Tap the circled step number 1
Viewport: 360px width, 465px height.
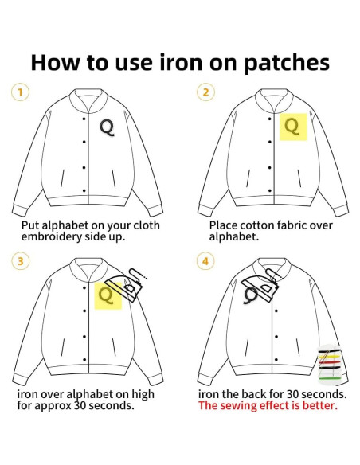click(x=20, y=92)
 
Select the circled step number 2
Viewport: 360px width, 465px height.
click(x=205, y=92)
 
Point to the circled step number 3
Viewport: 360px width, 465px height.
click(x=20, y=261)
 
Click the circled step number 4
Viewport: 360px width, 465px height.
click(x=205, y=261)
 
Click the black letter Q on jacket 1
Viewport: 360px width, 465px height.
click(x=107, y=127)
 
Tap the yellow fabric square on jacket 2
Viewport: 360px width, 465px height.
click(x=293, y=127)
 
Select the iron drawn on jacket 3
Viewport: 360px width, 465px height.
click(x=126, y=285)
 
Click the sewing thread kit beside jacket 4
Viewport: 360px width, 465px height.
click(x=329, y=364)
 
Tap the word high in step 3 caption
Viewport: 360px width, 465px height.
click(x=143, y=394)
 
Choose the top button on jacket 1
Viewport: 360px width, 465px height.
click(x=84, y=119)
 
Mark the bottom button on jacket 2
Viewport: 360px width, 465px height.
click(x=270, y=190)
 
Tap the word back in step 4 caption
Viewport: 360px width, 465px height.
click(x=254, y=394)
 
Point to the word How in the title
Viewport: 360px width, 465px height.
click(x=56, y=63)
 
